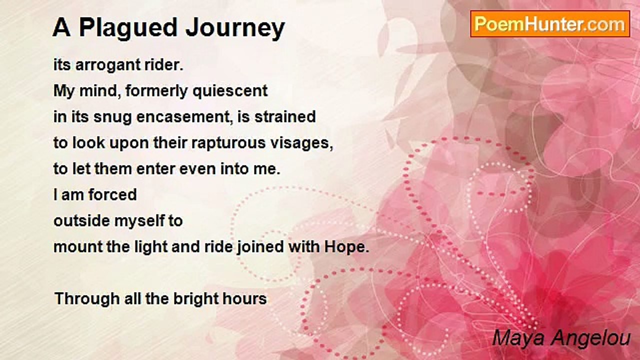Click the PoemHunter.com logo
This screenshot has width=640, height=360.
[x=550, y=24]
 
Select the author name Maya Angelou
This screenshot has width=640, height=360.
[x=561, y=338]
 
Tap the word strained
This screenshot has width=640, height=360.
[x=285, y=116]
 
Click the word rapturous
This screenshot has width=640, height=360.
[x=228, y=143]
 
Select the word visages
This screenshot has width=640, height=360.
[x=301, y=143]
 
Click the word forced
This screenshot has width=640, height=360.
[x=112, y=194]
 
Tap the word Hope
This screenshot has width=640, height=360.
[x=346, y=247]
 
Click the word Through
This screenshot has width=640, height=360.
[x=87, y=299]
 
